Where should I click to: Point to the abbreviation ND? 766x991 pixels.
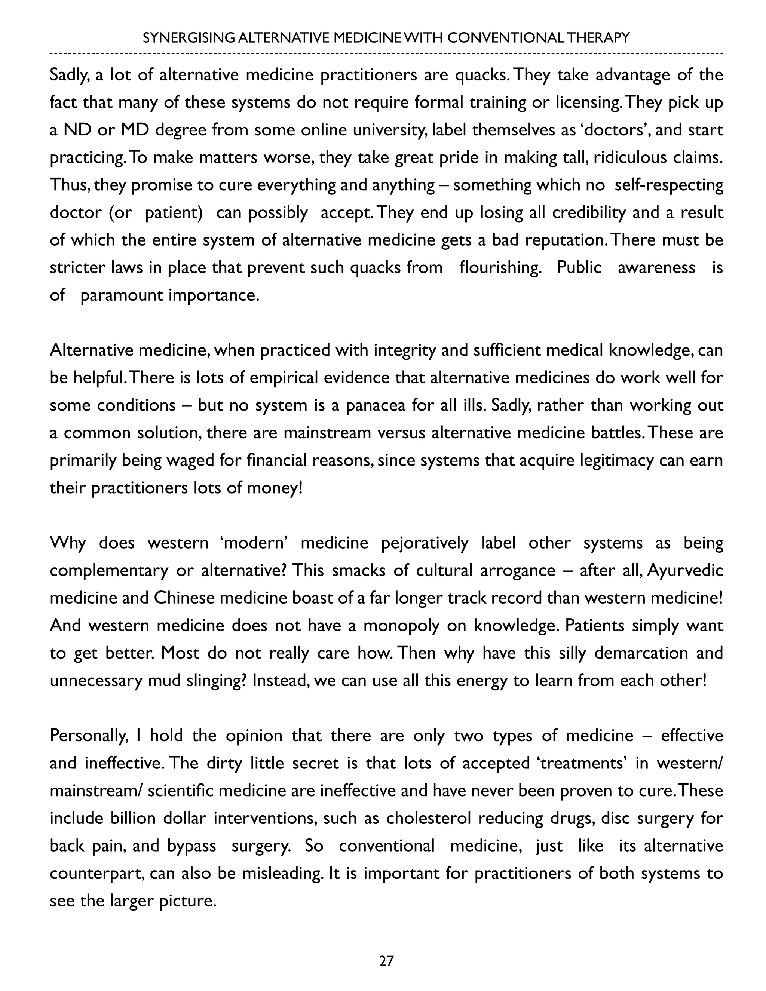77,130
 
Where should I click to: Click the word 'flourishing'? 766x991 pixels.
500,268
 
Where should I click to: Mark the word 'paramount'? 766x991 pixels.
122,295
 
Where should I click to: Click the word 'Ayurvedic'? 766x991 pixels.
685,570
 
